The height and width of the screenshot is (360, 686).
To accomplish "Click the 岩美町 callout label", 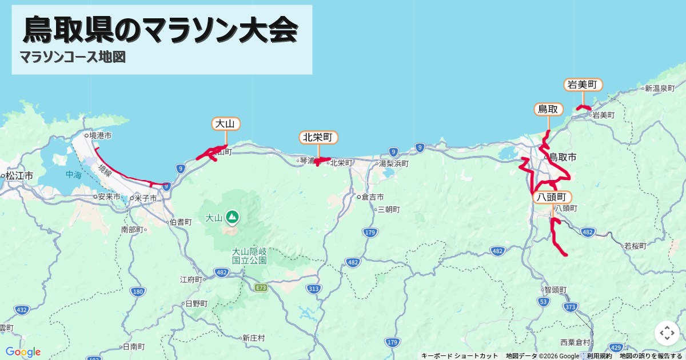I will (x=583, y=85).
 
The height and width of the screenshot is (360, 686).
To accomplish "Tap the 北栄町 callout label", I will (x=318, y=137).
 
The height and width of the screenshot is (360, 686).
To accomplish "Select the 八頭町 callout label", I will (x=552, y=197).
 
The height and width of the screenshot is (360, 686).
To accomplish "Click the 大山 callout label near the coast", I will (x=226, y=123).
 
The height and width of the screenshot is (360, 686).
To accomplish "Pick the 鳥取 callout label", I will (x=548, y=109).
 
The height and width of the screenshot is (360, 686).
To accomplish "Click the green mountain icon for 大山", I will (x=232, y=217).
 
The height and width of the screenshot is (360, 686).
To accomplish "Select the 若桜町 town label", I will (x=635, y=246).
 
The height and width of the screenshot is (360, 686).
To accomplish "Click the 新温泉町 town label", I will (x=660, y=89).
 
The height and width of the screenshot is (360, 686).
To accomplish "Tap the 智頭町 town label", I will (x=555, y=290).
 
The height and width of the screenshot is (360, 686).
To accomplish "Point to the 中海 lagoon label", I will (x=73, y=175).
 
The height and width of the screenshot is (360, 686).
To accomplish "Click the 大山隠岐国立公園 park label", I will (x=249, y=255).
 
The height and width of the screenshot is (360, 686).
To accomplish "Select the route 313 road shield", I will (x=313, y=289).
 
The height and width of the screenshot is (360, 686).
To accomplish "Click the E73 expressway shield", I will (x=262, y=287).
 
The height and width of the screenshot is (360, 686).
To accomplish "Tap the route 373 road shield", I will (x=569, y=307).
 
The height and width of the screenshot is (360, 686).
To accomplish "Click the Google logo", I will (x=23, y=351).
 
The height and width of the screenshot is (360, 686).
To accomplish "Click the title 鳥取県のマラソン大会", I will (x=161, y=30).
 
